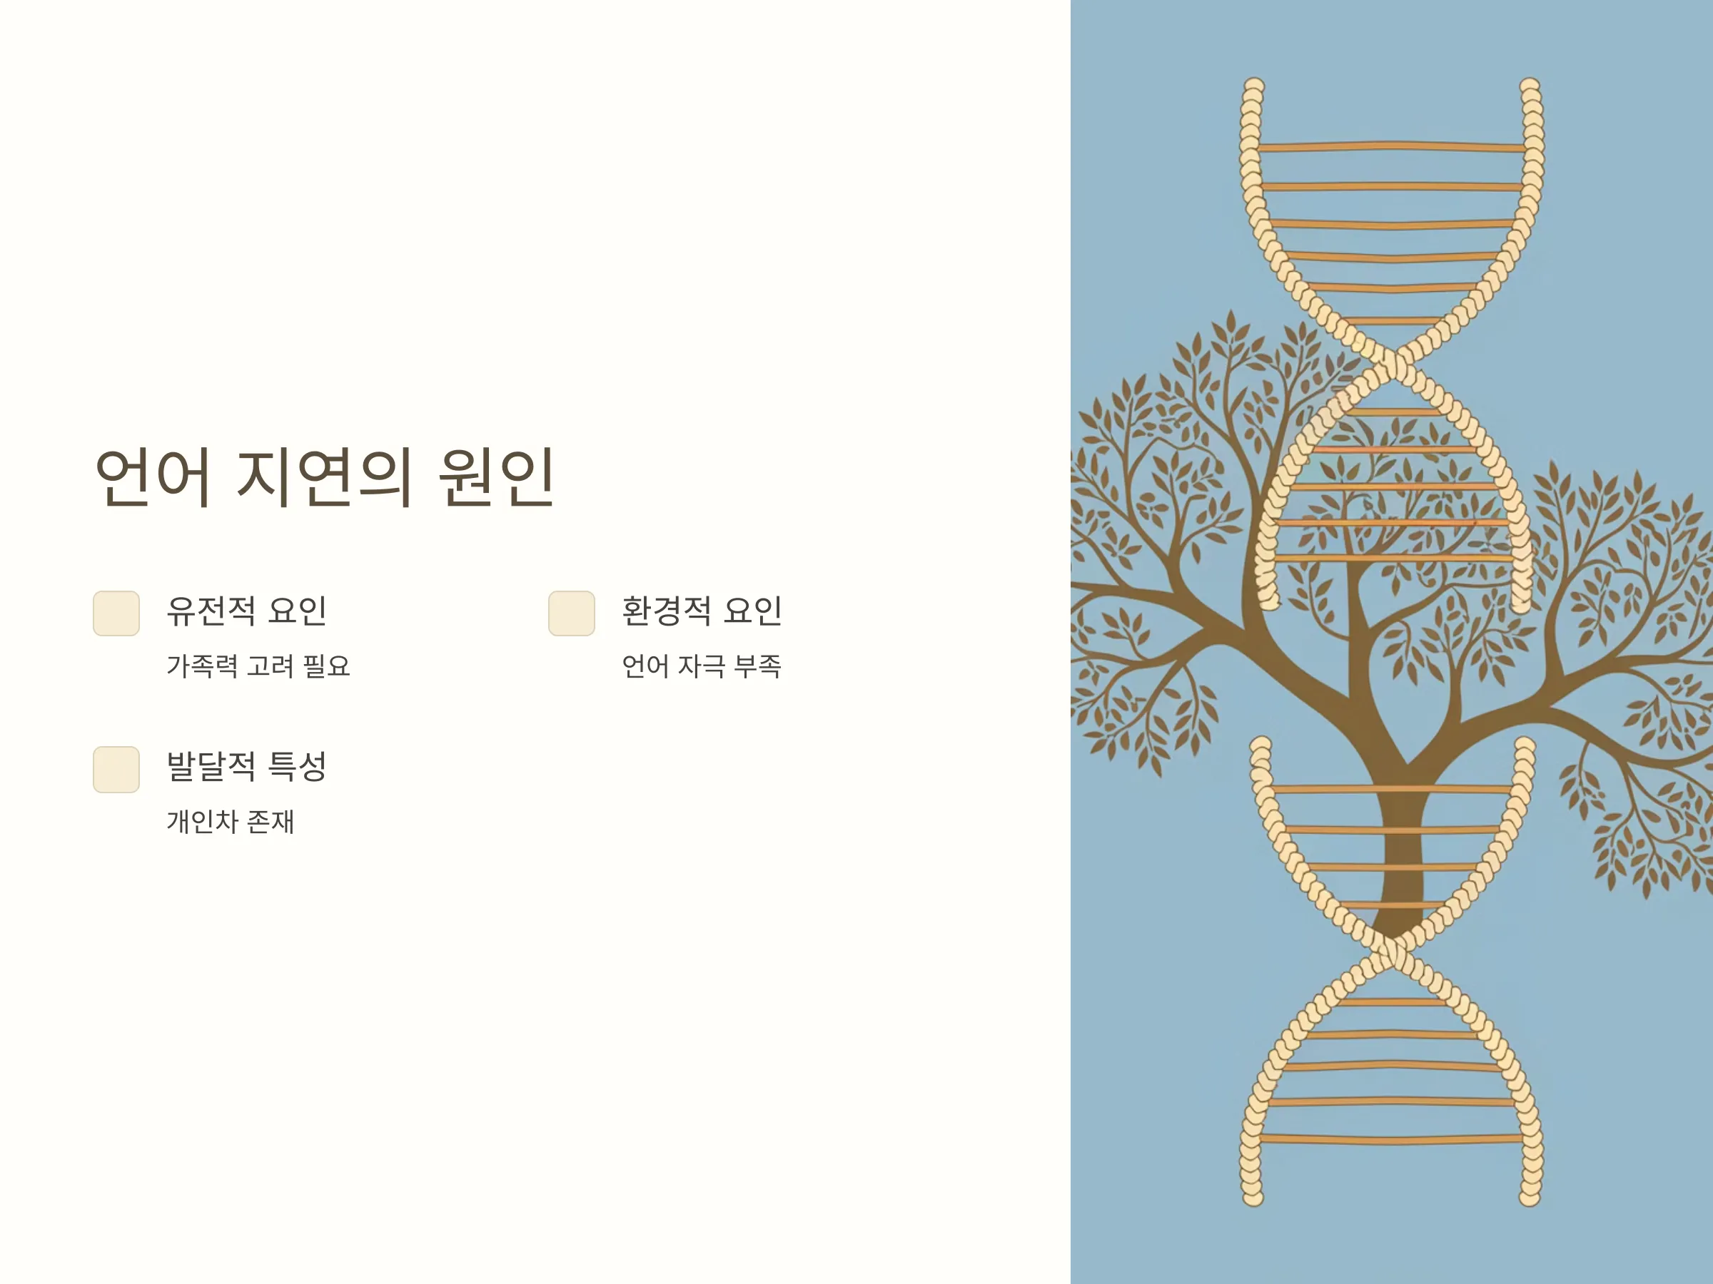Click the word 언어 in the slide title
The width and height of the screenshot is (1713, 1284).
tap(152, 476)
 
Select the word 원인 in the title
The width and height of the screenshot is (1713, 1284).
tap(496, 476)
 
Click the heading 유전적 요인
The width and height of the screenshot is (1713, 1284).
tap(246, 611)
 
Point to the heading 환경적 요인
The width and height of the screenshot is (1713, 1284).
tap(702, 611)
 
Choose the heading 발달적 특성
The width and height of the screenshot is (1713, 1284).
tap(246, 766)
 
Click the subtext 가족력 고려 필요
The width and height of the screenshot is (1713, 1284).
tap(258, 666)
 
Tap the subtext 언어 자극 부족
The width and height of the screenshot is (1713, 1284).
tap(702, 666)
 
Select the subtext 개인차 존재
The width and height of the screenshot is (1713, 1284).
tap(231, 822)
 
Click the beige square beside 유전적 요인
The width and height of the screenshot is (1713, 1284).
tap(116, 613)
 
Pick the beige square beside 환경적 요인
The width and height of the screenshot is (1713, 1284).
tap(572, 613)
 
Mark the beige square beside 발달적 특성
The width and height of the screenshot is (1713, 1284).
tap(116, 769)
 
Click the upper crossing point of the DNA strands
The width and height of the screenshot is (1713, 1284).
tap(1393, 361)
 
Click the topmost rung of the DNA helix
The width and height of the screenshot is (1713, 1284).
tap(1392, 146)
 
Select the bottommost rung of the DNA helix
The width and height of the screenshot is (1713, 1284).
tap(1392, 1138)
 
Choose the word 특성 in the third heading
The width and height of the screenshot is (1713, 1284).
tap(297, 766)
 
